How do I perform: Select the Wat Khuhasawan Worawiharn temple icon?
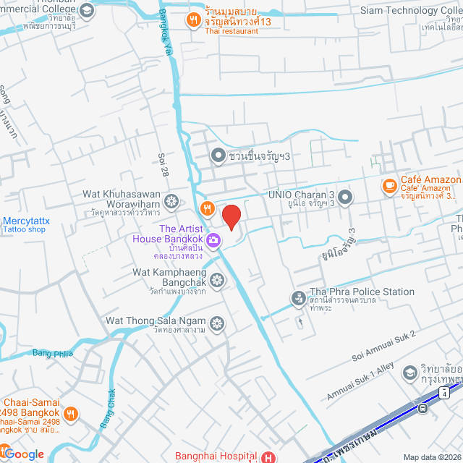coord(171,200)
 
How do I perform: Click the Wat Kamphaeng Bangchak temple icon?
coord(217,279)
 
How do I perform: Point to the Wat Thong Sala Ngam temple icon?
coord(216,323)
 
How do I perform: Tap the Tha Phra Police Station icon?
coord(298,297)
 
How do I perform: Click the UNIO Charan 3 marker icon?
coord(345,197)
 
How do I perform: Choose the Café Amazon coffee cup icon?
coord(389,185)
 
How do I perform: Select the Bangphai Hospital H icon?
coord(268,456)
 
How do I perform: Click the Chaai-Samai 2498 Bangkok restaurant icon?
coord(70,414)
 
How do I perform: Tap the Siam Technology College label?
coord(409,10)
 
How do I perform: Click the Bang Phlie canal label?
coord(53,354)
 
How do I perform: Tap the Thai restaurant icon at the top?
coord(192,20)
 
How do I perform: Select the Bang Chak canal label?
coord(107,408)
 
